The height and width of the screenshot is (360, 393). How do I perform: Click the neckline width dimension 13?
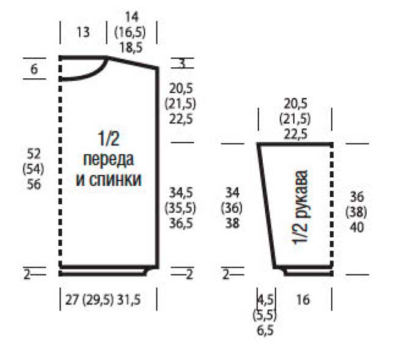click(83, 32)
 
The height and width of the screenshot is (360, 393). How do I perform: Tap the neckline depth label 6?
click(34, 69)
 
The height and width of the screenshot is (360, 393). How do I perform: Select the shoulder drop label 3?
click(182, 63)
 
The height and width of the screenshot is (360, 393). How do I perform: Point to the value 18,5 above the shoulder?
click(131, 48)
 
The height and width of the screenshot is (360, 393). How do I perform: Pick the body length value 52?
click(34, 153)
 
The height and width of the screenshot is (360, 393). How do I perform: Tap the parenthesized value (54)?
click(34, 169)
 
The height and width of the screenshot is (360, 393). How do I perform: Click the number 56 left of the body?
click(34, 184)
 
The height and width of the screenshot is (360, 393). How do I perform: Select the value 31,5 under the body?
click(129, 300)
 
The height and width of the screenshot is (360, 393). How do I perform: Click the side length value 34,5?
click(181, 193)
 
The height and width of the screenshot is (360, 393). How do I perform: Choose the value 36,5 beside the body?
click(181, 223)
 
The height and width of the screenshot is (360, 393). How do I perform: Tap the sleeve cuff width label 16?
click(303, 299)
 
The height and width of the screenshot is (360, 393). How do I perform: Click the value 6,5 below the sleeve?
click(265, 331)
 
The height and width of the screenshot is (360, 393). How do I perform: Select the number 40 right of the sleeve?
click(356, 227)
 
